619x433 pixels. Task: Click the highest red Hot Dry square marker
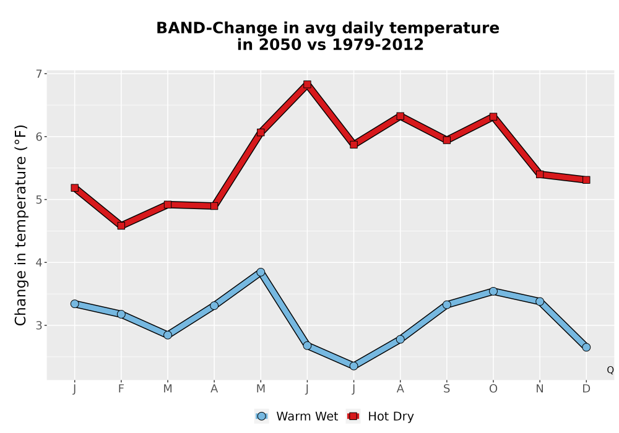[307, 84]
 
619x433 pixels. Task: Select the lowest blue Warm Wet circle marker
[353, 366]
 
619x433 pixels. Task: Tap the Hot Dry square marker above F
[121, 226]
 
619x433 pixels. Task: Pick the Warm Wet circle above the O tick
[493, 291]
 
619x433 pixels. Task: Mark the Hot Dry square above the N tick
[540, 174]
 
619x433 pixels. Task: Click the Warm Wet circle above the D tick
[586, 347]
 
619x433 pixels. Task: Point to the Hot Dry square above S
[446, 140]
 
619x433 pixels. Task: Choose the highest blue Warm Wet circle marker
[261, 272]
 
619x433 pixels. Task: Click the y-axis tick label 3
[38, 325]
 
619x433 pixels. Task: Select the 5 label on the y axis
[38, 200]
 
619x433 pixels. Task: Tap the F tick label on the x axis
[121, 389]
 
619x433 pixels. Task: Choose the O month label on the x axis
[493, 389]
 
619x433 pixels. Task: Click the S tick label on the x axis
[446, 389]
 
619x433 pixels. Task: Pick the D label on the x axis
[586, 389]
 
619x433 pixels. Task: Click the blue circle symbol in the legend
[261, 416]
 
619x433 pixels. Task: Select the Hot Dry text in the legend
[391, 416]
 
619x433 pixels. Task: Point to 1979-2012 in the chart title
[378, 44]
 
